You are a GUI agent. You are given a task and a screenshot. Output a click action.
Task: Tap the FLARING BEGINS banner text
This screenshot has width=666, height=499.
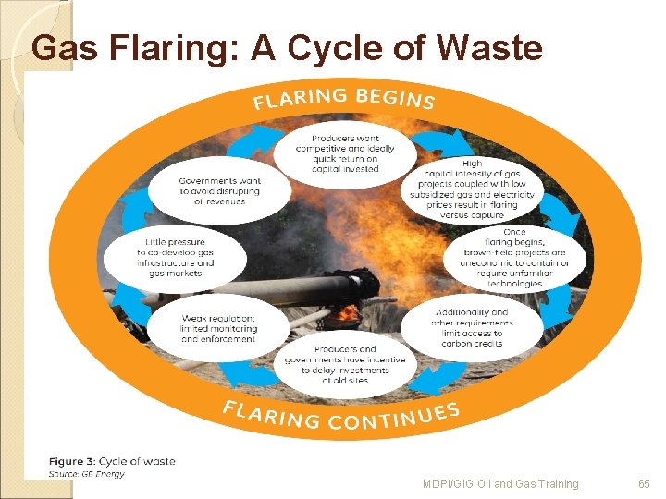(343, 98)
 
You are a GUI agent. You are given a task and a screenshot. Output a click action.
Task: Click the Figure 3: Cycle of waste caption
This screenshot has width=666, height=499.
(112, 461)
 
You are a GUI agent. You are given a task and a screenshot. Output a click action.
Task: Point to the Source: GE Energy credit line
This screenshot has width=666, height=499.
(87, 473)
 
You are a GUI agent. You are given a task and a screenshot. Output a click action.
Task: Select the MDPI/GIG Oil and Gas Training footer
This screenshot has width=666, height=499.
(499, 483)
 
